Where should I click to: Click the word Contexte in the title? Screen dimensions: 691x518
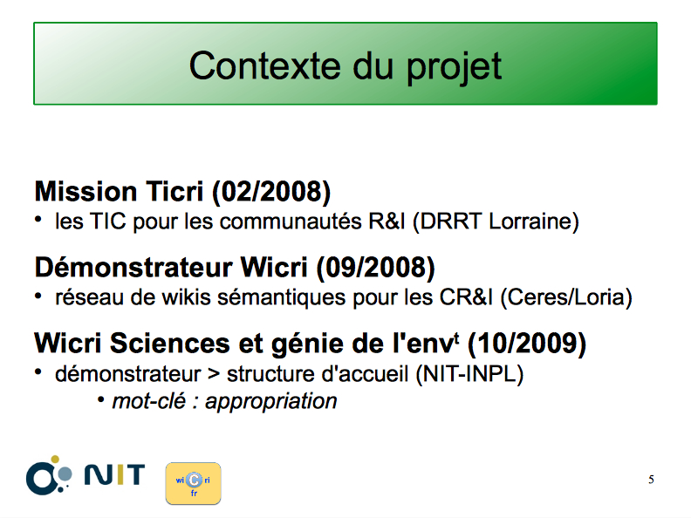[265, 65]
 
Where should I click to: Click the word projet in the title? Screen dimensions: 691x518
[454, 67]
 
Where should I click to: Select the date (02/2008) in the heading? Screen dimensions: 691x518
[271, 192]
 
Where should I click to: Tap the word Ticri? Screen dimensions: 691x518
[174, 192]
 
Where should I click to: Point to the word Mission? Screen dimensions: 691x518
[86, 192]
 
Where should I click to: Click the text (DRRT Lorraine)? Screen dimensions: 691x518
[496, 222]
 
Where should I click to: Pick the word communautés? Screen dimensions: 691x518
[291, 222]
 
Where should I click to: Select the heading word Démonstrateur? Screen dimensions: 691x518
[133, 268]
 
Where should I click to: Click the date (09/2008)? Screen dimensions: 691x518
[375, 268]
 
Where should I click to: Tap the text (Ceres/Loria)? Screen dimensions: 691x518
[566, 297]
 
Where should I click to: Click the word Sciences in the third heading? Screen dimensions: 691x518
[169, 343]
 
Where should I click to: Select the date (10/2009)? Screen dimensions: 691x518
[527, 344]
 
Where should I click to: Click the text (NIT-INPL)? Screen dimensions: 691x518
[469, 374]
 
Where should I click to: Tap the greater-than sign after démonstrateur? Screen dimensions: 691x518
[214, 374]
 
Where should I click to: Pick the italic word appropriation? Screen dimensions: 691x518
[271, 402]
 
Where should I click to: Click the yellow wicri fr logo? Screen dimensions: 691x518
[193, 483]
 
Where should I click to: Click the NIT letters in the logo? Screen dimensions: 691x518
[114, 474]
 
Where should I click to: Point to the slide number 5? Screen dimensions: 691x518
[652, 480]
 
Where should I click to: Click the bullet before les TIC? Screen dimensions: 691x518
[38, 219]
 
